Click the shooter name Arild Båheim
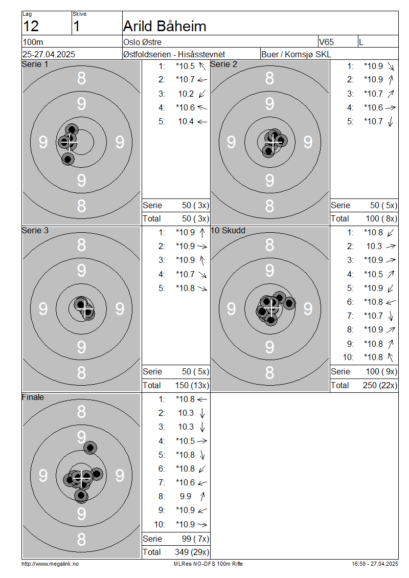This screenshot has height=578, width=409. click(x=164, y=26)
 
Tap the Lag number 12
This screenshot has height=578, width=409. click(x=31, y=27)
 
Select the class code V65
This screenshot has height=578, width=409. click(x=327, y=42)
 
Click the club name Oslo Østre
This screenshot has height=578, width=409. click(x=142, y=42)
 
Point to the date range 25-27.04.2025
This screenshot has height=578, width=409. click(x=49, y=54)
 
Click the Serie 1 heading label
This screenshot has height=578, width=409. click(x=35, y=64)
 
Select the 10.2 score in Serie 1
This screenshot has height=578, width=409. click(x=186, y=94)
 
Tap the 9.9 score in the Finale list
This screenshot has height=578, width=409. click(x=186, y=496)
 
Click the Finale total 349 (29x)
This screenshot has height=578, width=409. click(x=192, y=552)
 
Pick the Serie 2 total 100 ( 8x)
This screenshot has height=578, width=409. click(x=381, y=218)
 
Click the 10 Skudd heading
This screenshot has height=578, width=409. click(x=228, y=230)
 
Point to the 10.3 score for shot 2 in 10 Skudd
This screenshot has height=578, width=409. click(x=374, y=246)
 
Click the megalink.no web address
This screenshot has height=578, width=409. click(x=50, y=564)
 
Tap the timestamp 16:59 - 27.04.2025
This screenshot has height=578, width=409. click(x=375, y=564)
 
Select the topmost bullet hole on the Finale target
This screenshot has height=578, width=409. click(x=90, y=448)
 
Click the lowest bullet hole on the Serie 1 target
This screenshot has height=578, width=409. click(x=68, y=159)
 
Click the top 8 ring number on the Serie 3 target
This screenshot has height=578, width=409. click(x=81, y=245)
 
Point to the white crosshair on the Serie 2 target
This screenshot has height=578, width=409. click(x=274, y=142)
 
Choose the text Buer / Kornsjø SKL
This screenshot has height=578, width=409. click(x=296, y=54)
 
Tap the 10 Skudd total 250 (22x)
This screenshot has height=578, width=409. click(x=380, y=385)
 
